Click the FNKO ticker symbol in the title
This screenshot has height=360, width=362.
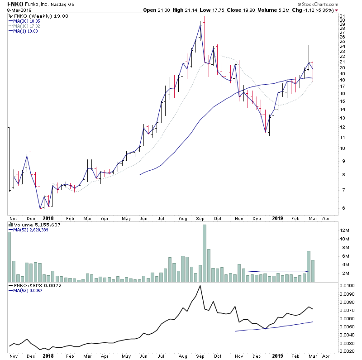tap(15, 4)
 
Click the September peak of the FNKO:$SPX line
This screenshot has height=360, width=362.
tap(200, 286)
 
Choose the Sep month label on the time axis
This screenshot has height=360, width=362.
tap(200, 218)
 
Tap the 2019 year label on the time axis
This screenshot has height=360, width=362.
tap(277, 218)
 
